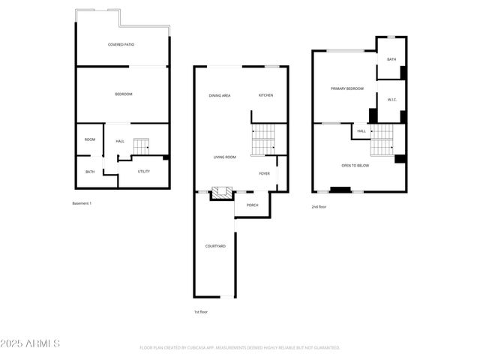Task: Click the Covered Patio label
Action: coord(121,45)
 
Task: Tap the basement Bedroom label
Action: coord(124,94)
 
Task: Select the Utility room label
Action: coord(143,171)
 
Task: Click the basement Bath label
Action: coord(90,172)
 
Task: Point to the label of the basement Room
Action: coord(90,139)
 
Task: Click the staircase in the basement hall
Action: coord(142,145)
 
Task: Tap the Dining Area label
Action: coord(220,95)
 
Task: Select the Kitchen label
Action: coord(266,95)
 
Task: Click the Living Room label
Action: coord(225,157)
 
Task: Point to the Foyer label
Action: coord(265,173)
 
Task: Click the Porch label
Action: coord(253,205)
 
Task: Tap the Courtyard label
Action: coord(216,246)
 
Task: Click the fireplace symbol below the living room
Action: coord(218,193)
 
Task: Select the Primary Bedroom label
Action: coord(347,88)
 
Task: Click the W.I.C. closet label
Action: coord(391,100)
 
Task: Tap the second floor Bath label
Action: coord(391,59)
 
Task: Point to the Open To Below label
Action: coord(355,166)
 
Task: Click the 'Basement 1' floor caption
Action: coord(82,203)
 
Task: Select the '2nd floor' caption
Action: coord(319,206)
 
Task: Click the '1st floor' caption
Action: coord(201,311)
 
